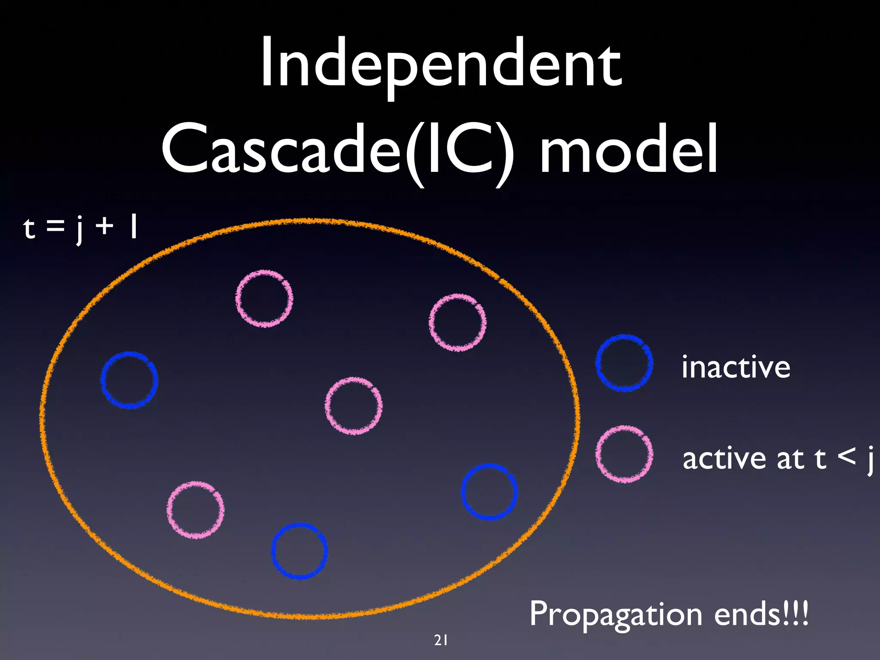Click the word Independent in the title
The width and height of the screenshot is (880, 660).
pos(441,64)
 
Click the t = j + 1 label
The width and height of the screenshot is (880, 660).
pos(80,228)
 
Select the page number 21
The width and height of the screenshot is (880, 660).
pos(441,640)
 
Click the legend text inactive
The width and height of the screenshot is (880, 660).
pos(736,367)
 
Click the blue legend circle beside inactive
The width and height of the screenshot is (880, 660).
pos(624,363)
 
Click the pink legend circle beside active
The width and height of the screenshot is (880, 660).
pos(624,454)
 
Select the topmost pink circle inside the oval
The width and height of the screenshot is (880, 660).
pos(264,299)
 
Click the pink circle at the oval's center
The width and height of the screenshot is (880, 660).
pos(353,406)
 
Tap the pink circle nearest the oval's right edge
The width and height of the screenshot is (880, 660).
pos(458,322)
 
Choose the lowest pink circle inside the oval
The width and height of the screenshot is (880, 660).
pos(196,510)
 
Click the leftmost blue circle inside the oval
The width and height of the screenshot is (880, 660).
pos(129,380)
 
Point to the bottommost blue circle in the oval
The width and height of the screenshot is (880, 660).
pos(299,551)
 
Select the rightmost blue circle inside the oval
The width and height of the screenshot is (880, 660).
pos(489,492)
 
